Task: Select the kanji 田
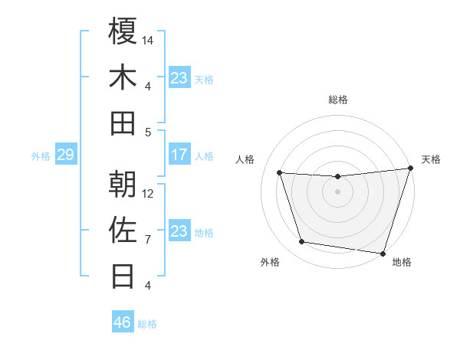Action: point(123,123)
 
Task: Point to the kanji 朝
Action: point(123,184)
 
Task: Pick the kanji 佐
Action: point(123,230)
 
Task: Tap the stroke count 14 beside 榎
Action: point(149,39)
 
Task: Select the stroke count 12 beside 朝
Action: point(149,193)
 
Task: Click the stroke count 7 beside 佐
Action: point(149,239)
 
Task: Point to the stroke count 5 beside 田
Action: point(149,132)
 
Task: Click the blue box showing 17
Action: point(179,155)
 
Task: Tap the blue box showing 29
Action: point(65,155)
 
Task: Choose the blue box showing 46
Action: point(123,322)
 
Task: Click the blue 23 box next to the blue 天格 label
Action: point(179,78)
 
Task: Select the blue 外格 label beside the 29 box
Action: point(41,156)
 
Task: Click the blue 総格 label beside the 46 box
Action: point(147,324)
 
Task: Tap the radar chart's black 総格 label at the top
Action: point(338,100)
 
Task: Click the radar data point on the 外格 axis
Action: point(301,242)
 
